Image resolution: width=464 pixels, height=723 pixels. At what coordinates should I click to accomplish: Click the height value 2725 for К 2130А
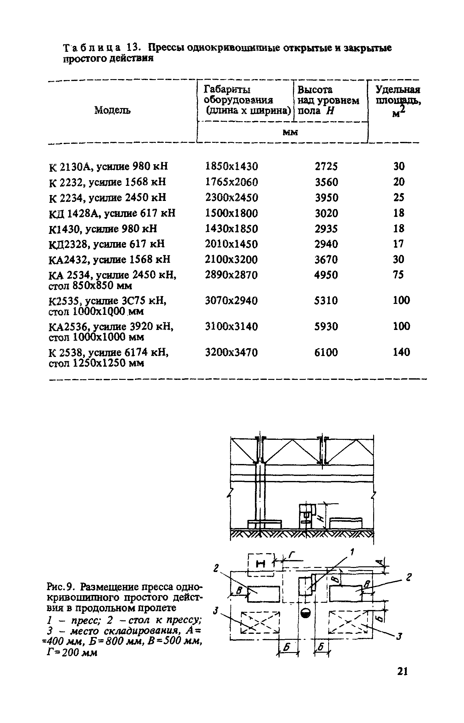(326, 166)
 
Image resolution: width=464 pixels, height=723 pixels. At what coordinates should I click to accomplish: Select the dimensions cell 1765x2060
(231, 182)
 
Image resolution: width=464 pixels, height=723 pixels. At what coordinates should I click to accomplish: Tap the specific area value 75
(398, 275)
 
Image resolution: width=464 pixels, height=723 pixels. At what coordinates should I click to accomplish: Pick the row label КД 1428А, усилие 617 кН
(112, 213)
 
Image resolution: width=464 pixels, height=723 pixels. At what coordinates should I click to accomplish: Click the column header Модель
(113, 110)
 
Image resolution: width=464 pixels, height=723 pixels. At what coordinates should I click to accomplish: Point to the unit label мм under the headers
(290, 132)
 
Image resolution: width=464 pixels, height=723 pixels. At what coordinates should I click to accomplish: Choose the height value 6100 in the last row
(326, 352)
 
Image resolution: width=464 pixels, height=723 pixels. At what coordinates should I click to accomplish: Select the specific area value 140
(401, 352)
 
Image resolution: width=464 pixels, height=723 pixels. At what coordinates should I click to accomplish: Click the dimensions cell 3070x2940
(231, 301)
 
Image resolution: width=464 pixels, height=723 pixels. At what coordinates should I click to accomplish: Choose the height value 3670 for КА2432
(326, 260)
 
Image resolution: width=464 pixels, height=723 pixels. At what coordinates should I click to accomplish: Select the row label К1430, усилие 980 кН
(103, 229)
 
